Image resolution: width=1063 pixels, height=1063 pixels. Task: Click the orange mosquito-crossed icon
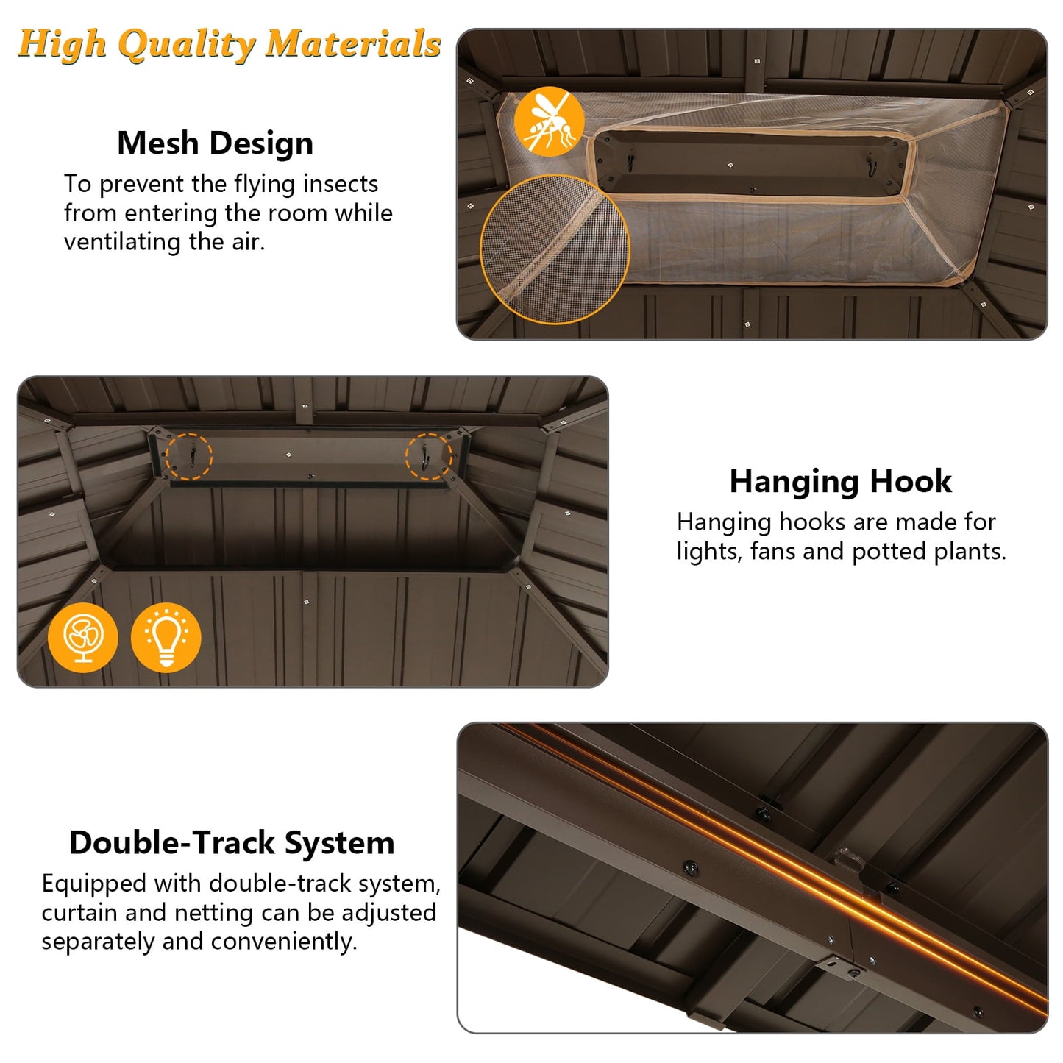coord(548,121)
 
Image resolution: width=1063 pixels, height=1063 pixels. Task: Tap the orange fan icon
coord(82,637)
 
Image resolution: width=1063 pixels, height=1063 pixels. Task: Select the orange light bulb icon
coord(166,637)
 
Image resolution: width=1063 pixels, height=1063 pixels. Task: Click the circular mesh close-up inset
coord(555,249)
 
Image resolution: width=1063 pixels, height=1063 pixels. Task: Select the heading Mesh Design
coord(215,144)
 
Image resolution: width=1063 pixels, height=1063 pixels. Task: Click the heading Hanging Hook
coord(840,482)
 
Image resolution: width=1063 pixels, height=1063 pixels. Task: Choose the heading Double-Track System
coord(232,844)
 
